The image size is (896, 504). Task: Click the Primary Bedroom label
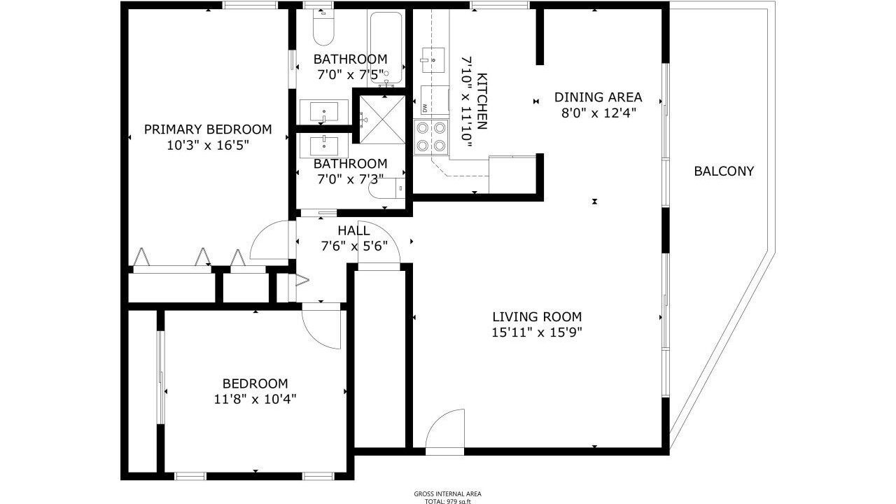(x=208, y=129)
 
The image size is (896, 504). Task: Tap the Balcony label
(x=724, y=171)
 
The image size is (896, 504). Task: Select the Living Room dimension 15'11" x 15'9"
(x=537, y=332)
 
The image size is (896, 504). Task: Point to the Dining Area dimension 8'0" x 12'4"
(x=598, y=113)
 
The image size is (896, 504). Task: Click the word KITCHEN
(x=482, y=101)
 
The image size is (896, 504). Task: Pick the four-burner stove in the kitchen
(x=431, y=136)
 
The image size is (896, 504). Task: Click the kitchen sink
(x=433, y=60)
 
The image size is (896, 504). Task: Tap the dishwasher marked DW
(x=435, y=100)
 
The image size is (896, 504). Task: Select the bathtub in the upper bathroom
(x=386, y=48)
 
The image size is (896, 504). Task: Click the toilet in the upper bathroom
(x=323, y=27)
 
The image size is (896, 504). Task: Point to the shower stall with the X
(x=382, y=119)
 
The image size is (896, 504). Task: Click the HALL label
(x=354, y=231)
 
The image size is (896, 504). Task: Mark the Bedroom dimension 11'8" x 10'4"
(x=255, y=399)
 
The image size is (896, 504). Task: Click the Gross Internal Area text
(x=447, y=494)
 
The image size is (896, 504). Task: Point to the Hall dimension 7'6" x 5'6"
(x=354, y=246)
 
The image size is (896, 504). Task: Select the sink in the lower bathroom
(x=324, y=146)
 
